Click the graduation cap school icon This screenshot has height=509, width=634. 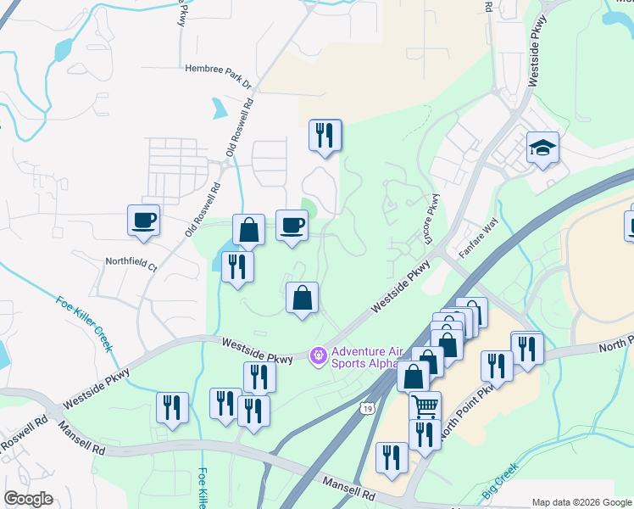542,148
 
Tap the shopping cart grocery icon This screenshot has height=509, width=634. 425,406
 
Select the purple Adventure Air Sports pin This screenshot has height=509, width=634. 319,355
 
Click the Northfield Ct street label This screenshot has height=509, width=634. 132,263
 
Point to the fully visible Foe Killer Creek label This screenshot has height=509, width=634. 84,323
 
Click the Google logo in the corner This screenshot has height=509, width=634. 28,499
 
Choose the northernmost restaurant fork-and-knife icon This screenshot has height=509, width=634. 325,134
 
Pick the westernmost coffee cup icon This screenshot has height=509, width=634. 143,220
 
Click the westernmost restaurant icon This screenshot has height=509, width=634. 172,406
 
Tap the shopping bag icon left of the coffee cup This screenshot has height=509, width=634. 249,230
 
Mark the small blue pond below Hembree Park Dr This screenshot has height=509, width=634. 220,108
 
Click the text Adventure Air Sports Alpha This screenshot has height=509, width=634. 365,357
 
